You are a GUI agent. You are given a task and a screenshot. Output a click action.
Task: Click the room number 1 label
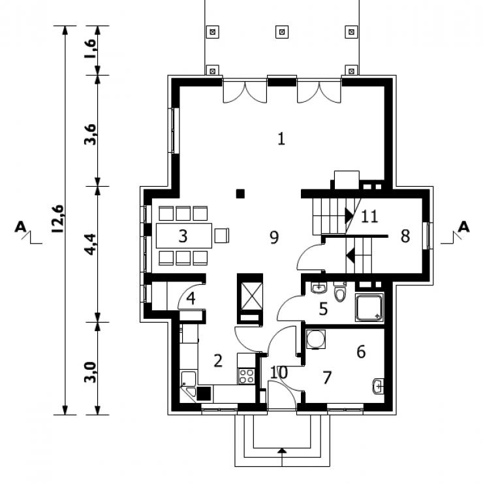pos(281,138)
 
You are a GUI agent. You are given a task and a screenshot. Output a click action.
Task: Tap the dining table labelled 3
pos(184,236)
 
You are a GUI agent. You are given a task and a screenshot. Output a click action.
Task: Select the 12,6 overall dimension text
pos(58,218)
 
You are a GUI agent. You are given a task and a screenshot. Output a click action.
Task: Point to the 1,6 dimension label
pos(91,48)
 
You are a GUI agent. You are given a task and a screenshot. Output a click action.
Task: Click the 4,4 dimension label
pos(90,244)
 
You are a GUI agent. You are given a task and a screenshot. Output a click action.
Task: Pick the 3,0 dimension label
pos(90,372)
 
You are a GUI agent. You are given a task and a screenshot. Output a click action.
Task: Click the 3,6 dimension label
pos(90,135)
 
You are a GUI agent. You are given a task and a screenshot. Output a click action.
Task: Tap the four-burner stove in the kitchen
pos(247,376)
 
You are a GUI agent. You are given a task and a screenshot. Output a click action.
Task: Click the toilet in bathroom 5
pos(340,291)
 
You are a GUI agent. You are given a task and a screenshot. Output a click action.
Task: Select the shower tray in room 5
pos(369,308)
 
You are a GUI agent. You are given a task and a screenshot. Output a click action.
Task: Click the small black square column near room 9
pos(240,194)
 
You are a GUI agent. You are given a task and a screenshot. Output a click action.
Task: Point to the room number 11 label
pos(369,216)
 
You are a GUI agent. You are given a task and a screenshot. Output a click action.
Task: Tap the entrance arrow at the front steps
pos(282,451)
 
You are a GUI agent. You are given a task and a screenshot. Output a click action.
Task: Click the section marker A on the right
pos(463,227)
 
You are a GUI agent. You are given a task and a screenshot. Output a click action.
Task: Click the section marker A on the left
pos(21,227)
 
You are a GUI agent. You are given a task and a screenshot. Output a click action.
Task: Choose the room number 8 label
pos(405,236)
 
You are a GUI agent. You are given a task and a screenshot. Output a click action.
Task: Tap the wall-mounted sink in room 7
pos(378,386)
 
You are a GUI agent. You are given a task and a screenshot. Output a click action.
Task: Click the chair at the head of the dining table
pos(222,236)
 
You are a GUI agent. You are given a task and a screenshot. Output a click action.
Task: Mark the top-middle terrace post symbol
pos(281,32)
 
